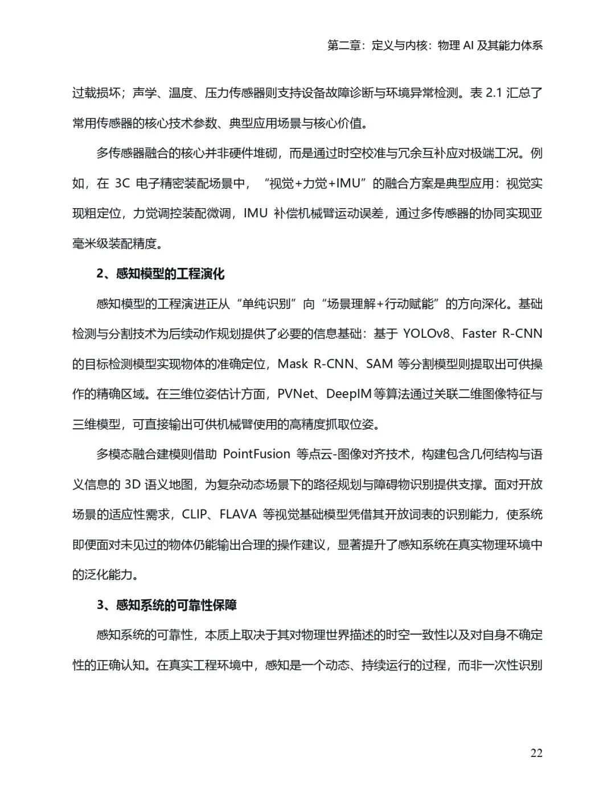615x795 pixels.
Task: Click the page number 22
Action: click(536, 753)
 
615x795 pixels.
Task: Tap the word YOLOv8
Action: click(427, 334)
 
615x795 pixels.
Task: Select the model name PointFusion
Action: click(256, 454)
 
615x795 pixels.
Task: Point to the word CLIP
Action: click(195, 515)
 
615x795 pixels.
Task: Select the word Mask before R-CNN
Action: click(293, 364)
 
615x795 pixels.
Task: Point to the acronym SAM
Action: click(379, 364)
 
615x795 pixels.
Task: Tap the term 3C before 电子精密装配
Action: click(122, 183)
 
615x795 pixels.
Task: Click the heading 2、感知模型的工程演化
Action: click(161, 274)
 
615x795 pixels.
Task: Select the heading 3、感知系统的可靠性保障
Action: click(167, 605)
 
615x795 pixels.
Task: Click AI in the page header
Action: click(468, 46)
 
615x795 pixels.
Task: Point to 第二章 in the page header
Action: click(344, 46)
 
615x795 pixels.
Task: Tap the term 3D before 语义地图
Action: click(132, 485)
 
